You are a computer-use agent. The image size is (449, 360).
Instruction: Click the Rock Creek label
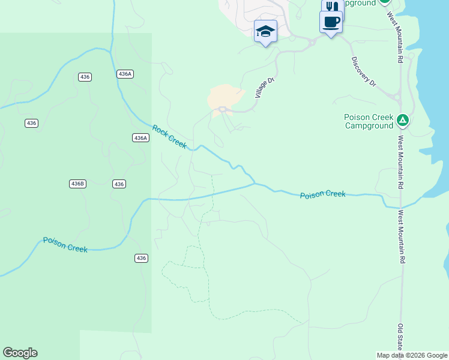[169, 136]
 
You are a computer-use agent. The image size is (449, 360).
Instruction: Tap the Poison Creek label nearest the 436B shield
[65, 244]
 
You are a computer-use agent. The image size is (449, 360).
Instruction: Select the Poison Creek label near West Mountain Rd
[322, 194]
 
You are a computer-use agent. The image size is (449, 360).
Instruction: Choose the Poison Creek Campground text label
[369, 121]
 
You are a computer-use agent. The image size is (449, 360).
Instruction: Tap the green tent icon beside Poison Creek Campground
[403, 121]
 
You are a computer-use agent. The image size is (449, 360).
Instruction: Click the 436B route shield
[77, 184]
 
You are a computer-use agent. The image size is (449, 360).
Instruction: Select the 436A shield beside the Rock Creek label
[140, 138]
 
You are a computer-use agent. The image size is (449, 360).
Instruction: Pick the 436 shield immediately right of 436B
[118, 184]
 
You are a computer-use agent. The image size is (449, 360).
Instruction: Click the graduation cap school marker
[265, 31]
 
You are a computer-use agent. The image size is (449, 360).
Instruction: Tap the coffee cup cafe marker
[331, 22]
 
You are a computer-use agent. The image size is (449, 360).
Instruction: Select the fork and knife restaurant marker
[332, 7]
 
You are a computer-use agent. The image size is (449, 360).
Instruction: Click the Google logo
[20, 353]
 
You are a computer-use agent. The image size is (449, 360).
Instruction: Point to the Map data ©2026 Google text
[411, 355]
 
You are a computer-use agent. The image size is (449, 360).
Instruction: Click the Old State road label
[400, 337]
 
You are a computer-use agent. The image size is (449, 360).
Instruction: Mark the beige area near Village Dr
[224, 96]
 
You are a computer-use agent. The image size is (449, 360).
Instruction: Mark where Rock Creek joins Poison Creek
[255, 182]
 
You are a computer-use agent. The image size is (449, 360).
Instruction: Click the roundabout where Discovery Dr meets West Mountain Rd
[397, 96]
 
